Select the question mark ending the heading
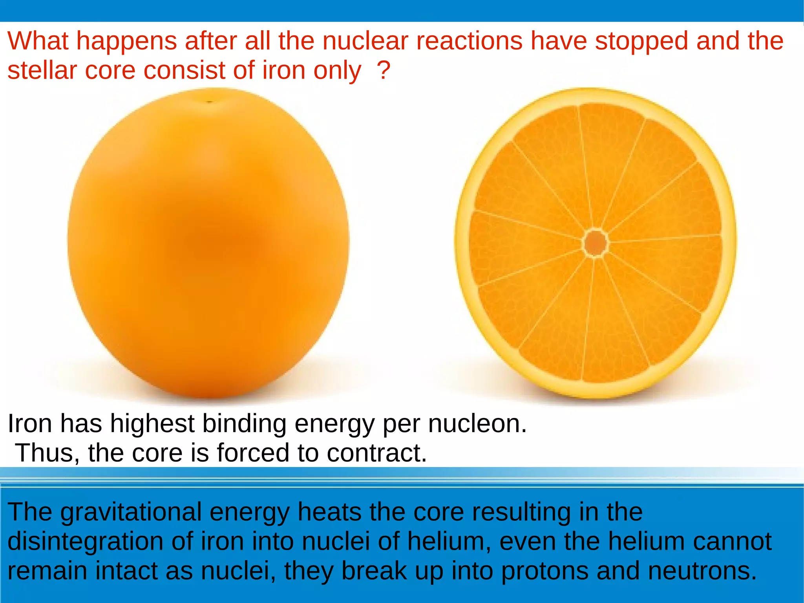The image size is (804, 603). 383,70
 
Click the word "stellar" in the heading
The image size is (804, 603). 42,70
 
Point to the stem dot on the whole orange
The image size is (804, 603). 209,102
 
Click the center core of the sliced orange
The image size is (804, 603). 596,243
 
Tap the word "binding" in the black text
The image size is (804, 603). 244,424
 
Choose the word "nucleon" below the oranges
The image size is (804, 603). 477,424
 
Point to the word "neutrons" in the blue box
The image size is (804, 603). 702,571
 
